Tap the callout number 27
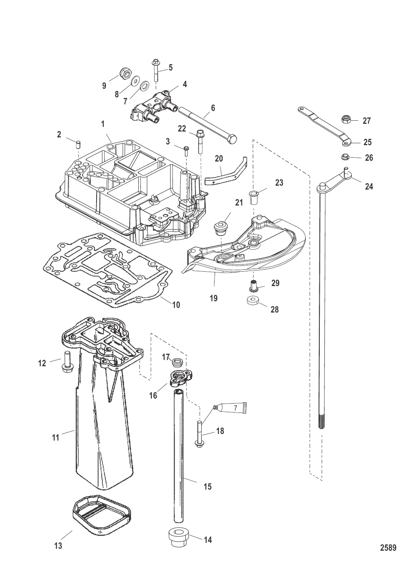[x=366, y=121]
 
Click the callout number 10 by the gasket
[x=176, y=305]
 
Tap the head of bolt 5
[x=155, y=62]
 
